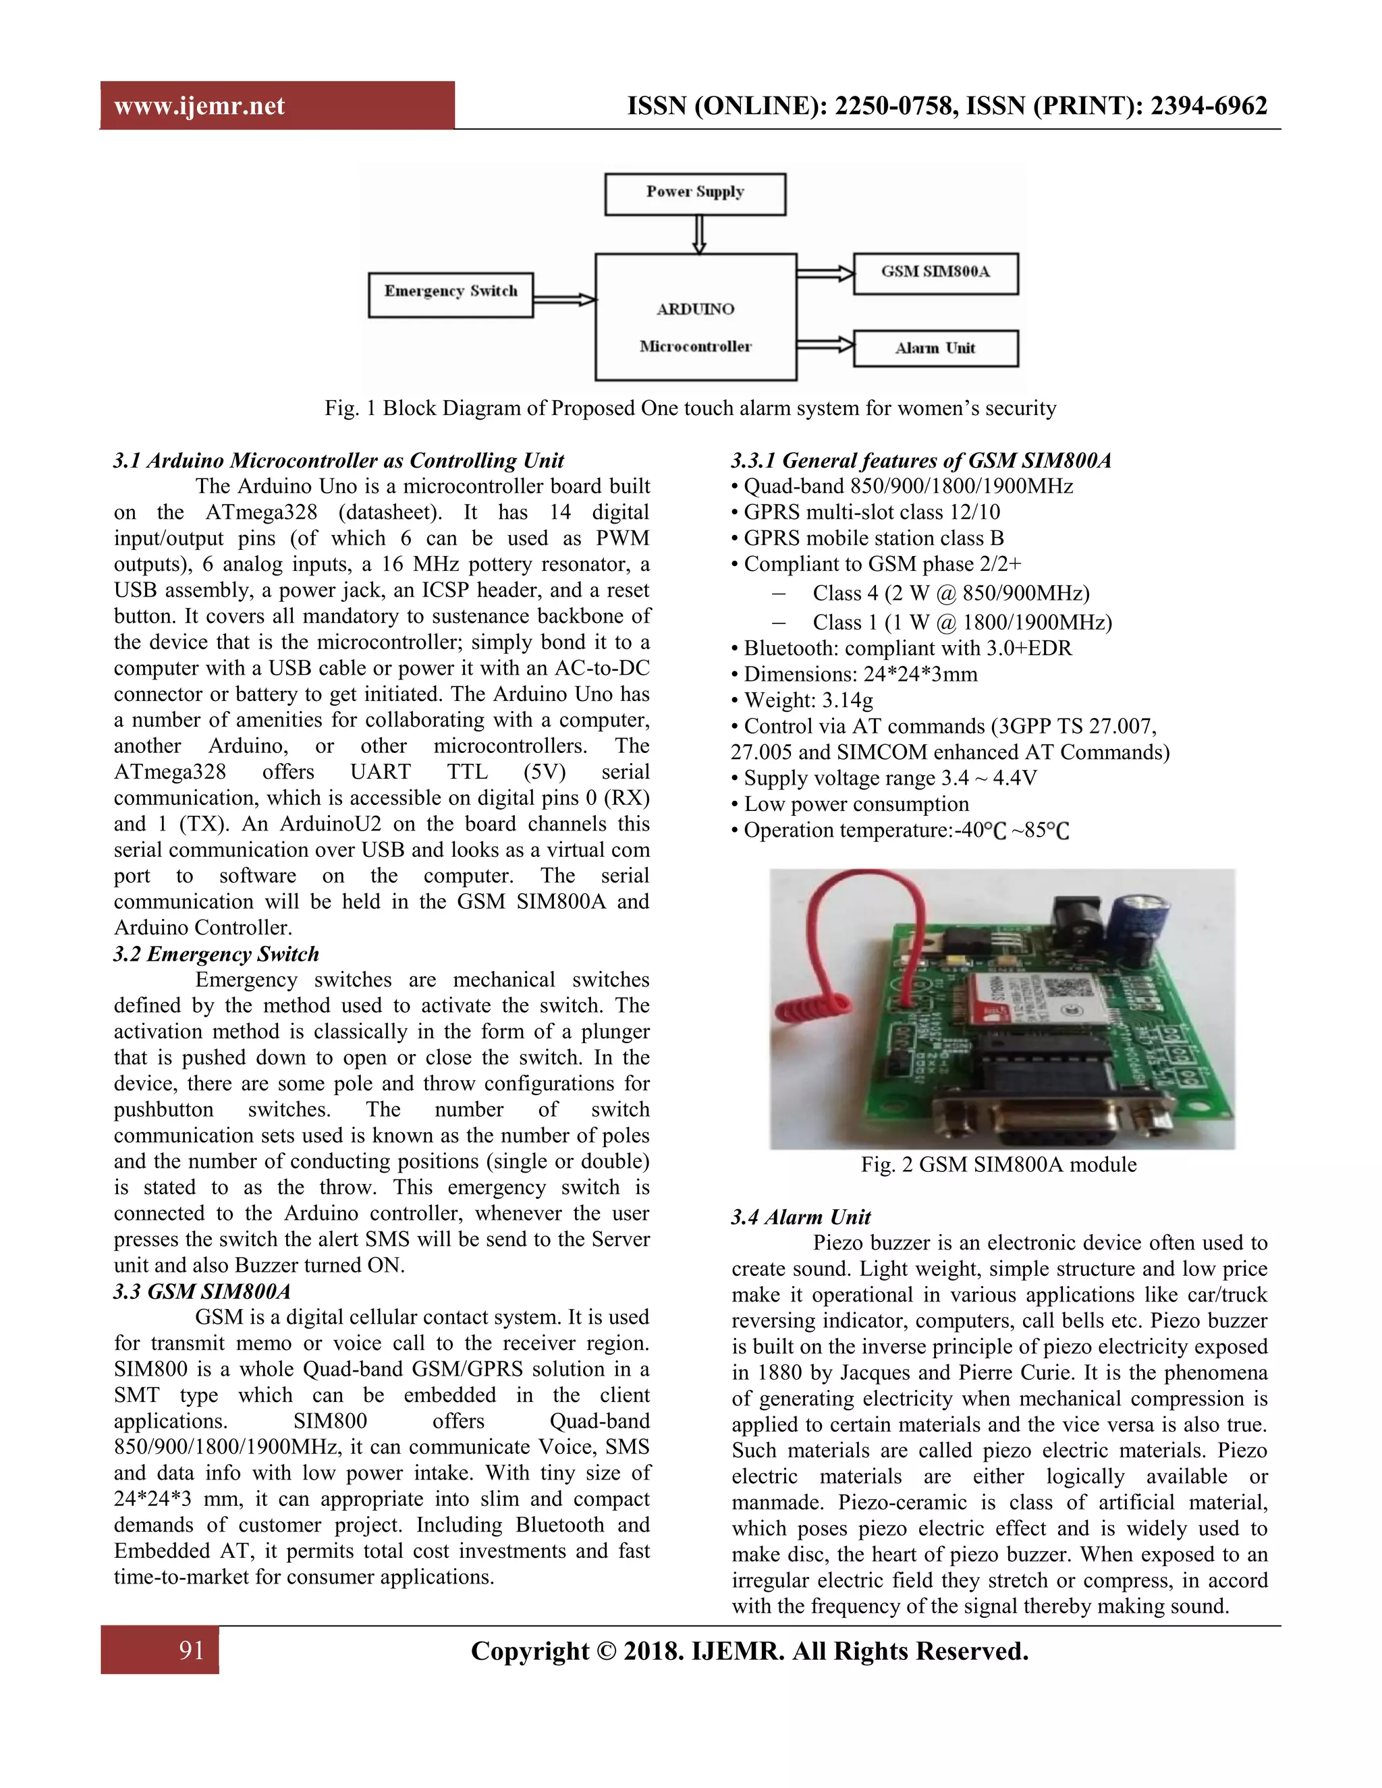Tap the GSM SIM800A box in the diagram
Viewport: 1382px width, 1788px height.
click(x=935, y=273)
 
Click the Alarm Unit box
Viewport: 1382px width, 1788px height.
click(x=935, y=348)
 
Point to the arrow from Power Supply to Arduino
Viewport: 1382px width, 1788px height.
click(x=698, y=235)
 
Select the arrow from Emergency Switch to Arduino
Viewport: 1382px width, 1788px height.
click(x=564, y=300)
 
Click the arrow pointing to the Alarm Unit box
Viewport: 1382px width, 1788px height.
click(x=825, y=345)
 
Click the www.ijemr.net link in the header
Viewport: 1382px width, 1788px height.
click(x=199, y=106)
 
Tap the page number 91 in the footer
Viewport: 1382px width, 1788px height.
click(x=192, y=1650)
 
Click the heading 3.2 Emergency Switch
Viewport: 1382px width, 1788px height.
click(x=216, y=954)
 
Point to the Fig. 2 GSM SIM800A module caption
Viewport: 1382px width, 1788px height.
click(x=998, y=1164)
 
